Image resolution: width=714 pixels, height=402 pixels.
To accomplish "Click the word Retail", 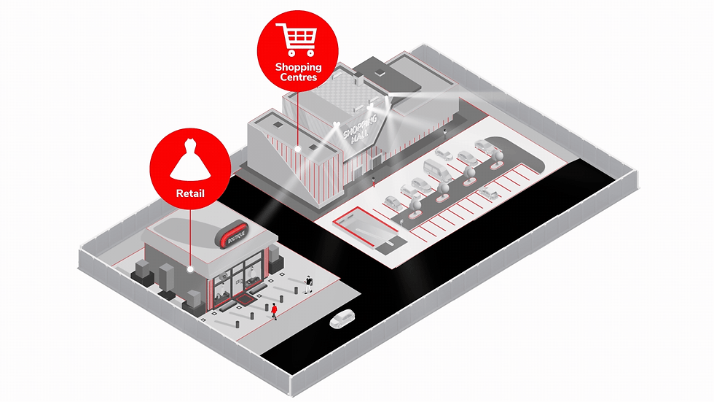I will click(x=189, y=194).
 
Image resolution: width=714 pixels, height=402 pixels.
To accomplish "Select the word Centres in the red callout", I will click(x=298, y=77).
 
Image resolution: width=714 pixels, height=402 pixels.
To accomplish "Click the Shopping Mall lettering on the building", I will click(x=361, y=128).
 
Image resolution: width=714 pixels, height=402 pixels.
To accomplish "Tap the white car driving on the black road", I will click(x=342, y=319).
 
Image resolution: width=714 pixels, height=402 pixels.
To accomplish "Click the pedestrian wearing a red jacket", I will click(x=274, y=311).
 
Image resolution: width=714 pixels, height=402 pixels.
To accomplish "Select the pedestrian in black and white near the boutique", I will click(x=309, y=283).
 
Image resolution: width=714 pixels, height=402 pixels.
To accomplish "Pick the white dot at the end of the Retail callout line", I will click(x=189, y=269).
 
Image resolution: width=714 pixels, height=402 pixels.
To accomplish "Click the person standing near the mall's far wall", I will click(x=445, y=132).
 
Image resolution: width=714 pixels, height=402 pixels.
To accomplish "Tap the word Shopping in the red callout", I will click(x=298, y=68).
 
